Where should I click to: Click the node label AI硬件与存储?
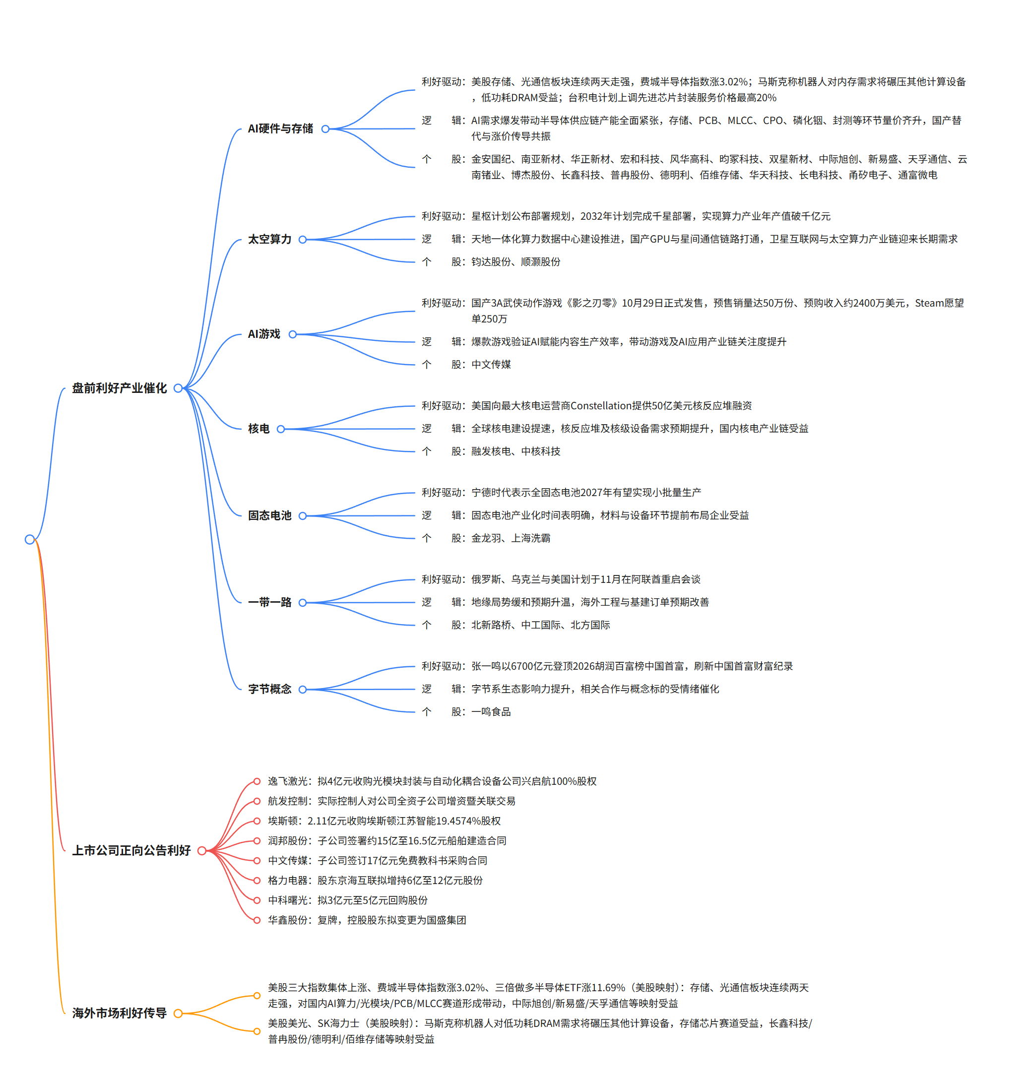(x=281, y=128)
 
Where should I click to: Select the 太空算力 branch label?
(x=270, y=239)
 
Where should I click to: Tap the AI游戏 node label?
(x=264, y=334)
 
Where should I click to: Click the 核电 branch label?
(x=259, y=429)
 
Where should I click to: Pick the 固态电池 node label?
(x=270, y=515)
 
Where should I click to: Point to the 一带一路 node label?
(x=270, y=602)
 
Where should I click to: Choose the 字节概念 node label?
(x=270, y=689)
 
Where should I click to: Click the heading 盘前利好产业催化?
(x=119, y=388)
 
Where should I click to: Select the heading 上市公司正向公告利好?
(x=131, y=850)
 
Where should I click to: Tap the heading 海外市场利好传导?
(x=119, y=1013)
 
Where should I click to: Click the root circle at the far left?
(x=30, y=539)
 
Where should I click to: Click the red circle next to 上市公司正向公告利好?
(x=201, y=851)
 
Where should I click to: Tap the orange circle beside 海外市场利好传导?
(x=178, y=1013)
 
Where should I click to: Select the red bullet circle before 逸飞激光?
(x=256, y=781)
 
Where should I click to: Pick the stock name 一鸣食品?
(x=491, y=712)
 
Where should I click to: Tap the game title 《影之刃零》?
(x=592, y=303)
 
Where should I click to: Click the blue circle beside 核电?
(x=281, y=429)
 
